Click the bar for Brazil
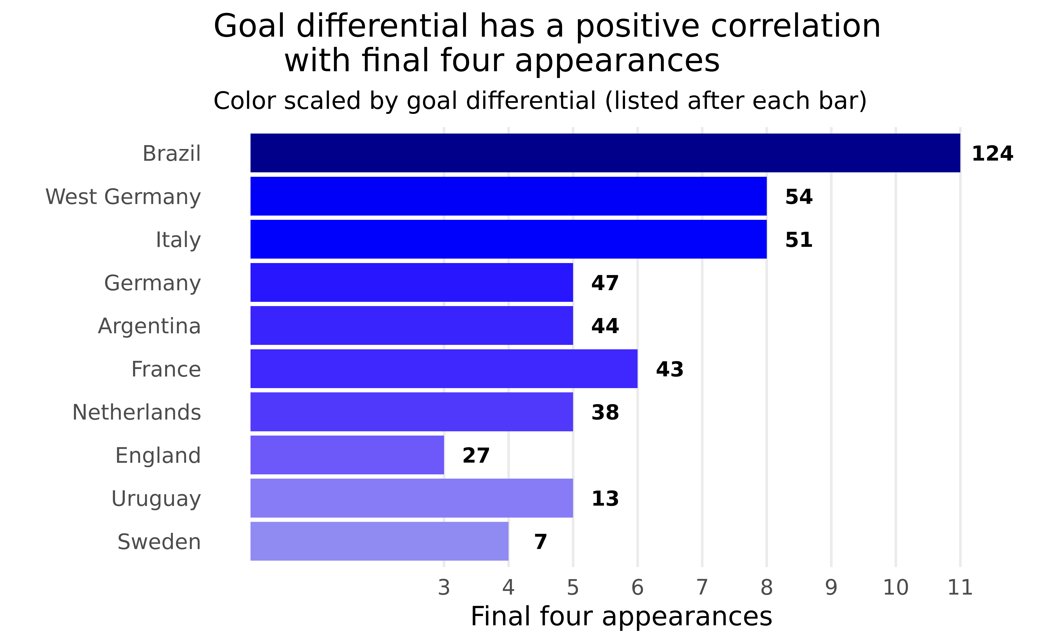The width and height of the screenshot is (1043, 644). [x=605, y=153]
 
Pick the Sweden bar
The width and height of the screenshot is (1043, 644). [x=379, y=541]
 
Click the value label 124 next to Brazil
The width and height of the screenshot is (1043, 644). [x=992, y=154]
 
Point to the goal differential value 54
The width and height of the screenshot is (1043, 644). [x=799, y=197]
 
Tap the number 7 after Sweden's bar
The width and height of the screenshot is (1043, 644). [x=540, y=542]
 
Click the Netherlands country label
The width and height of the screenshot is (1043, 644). [x=136, y=412]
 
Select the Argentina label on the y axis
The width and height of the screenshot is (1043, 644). [x=149, y=326]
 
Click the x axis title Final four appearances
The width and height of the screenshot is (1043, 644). [x=621, y=616]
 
